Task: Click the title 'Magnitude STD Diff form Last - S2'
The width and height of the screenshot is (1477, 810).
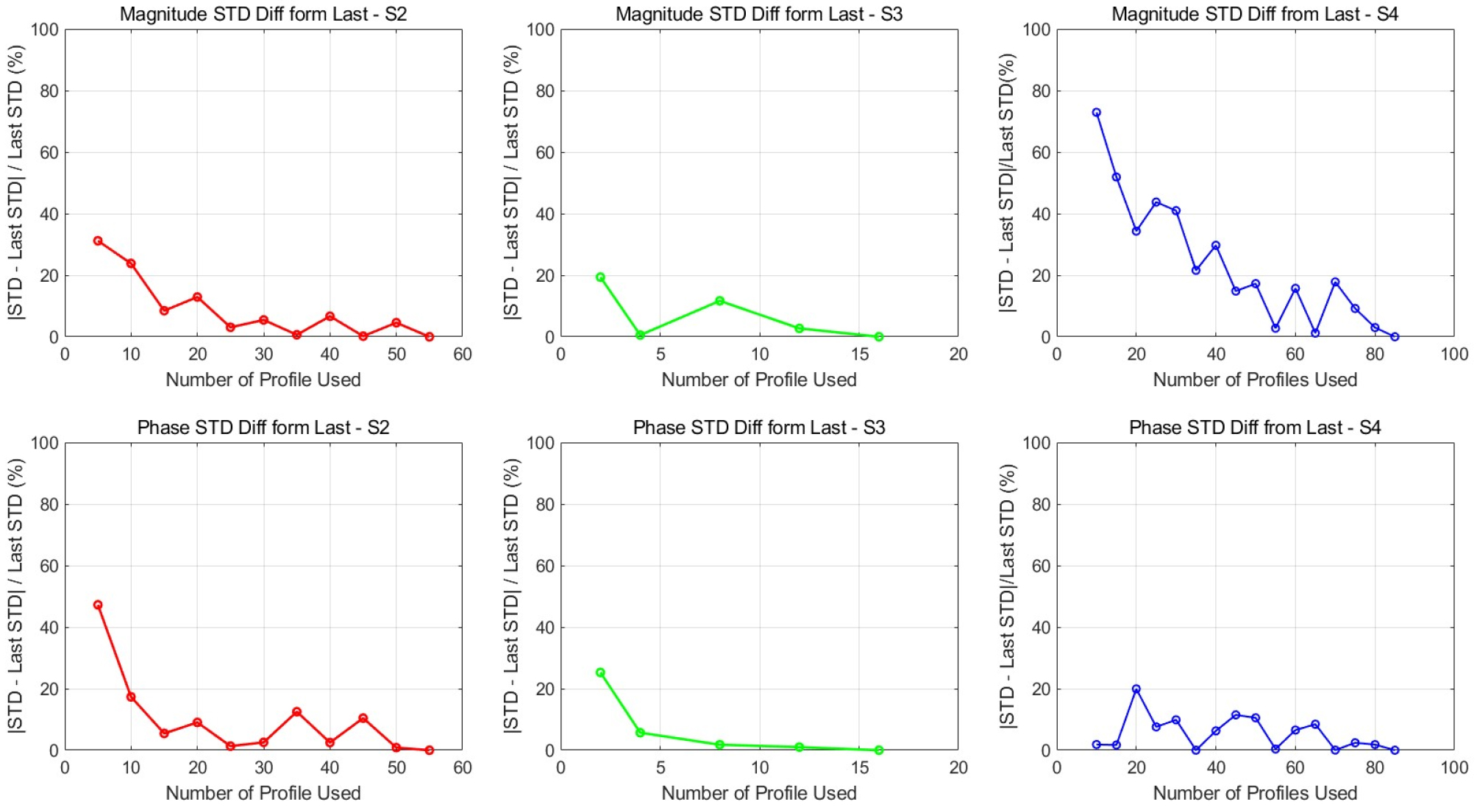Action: [x=263, y=14]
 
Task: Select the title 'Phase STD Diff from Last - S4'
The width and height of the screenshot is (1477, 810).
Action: [x=1254, y=427]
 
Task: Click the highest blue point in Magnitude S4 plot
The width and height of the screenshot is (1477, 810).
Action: [x=1096, y=113]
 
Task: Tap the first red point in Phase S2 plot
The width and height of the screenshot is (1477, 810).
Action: [x=98, y=605]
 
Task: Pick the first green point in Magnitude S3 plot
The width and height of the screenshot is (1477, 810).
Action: [x=600, y=277]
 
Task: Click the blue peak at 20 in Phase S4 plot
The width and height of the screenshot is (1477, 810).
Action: [x=1136, y=689]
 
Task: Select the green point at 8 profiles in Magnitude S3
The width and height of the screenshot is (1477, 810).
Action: [x=719, y=301]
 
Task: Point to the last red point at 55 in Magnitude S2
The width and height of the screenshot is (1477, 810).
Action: [x=430, y=336]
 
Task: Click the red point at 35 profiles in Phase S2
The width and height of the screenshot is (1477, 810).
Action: [x=296, y=711]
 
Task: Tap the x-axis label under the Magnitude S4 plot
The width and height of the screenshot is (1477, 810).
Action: [x=1254, y=380]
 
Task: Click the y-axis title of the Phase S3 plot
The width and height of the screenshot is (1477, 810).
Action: [x=511, y=596]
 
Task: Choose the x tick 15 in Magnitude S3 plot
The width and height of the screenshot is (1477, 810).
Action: [x=859, y=355]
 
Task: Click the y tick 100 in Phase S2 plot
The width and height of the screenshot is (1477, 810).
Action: [x=44, y=443]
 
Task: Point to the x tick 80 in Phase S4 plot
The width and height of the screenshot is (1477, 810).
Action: [x=1374, y=768]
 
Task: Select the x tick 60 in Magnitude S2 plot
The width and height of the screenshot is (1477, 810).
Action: [x=462, y=355]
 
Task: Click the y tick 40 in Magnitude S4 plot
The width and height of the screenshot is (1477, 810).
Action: [x=1036, y=214]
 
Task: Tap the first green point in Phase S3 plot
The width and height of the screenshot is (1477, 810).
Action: [x=600, y=672]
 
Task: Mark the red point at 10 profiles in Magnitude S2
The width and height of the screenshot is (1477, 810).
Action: [x=131, y=263]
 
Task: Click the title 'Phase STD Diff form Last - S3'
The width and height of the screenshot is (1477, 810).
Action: [x=758, y=427]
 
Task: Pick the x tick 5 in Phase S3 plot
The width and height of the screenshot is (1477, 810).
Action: [x=660, y=768]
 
